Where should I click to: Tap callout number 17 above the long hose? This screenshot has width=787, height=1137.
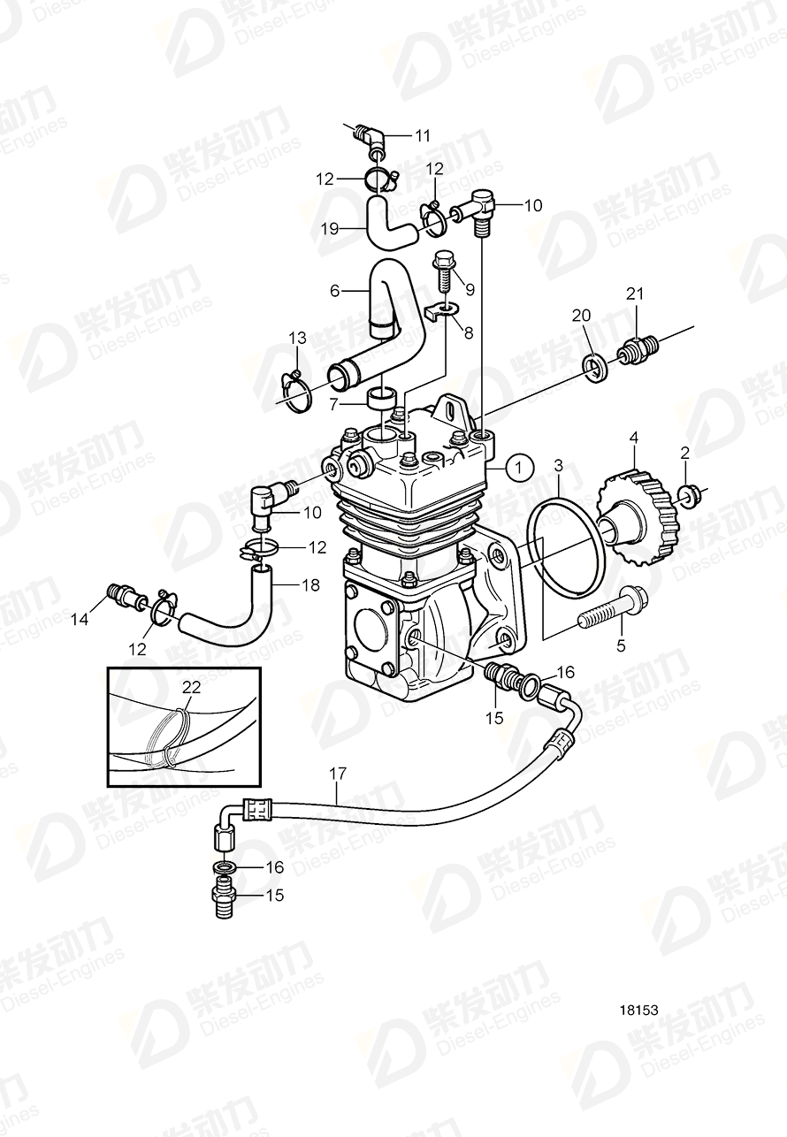338,773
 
